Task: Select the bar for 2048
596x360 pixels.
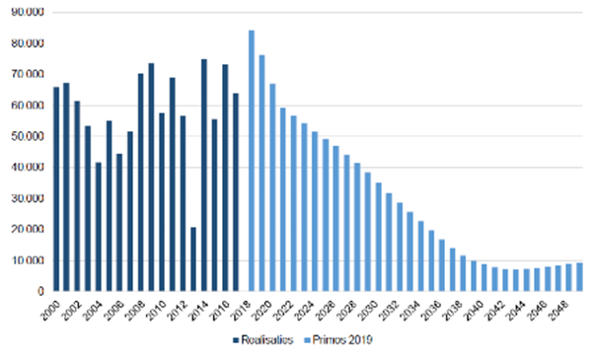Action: pyautogui.click(x=568, y=278)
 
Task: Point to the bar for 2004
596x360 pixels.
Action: pyautogui.click(x=98, y=227)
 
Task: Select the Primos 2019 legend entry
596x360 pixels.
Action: pyautogui.click(x=342, y=341)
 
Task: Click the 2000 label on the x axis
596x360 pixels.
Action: pyautogui.click(x=50, y=307)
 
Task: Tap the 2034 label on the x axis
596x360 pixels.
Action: pyautogui.click(x=410, y=307)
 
